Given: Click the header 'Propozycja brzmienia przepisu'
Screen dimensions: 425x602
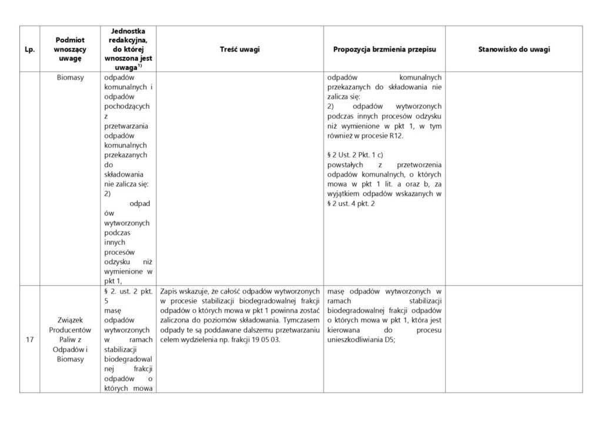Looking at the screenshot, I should pos(388,49).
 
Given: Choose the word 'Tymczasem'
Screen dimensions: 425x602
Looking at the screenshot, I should pos(300,321).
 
